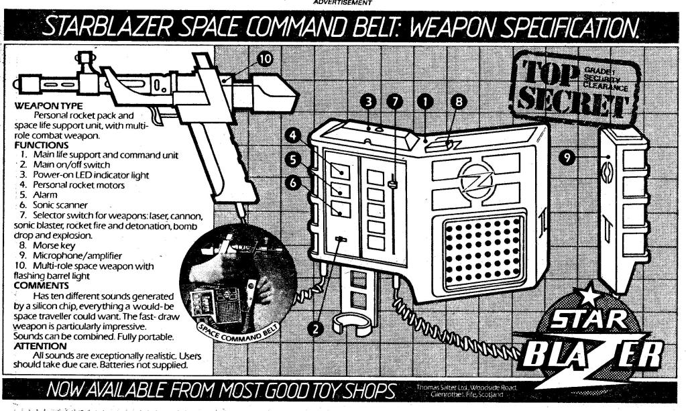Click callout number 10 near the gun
coord(265,60)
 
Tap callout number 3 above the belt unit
coord(369,101)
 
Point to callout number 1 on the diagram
coord(424,101)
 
